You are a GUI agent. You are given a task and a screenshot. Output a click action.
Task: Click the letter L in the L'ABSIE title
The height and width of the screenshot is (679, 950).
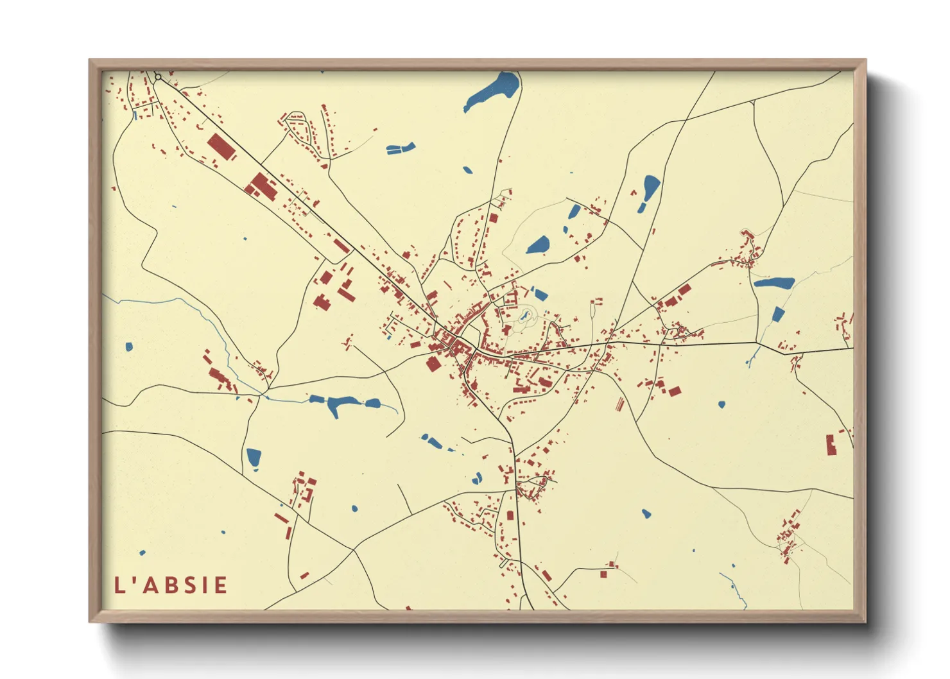[x=120, y=585]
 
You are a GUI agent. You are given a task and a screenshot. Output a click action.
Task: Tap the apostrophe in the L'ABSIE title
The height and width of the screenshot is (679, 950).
[x=134, y=580]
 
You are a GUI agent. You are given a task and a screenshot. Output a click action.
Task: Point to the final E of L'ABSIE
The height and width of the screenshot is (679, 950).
[x=221, y=585]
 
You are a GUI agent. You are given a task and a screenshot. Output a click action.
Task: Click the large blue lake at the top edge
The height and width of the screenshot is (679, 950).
[x=493, y=92]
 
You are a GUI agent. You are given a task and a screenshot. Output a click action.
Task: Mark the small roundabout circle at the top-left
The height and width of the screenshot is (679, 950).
[x=158, y=77]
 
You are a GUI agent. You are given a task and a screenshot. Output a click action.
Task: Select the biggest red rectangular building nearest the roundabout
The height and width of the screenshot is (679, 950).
[x=220, y=146]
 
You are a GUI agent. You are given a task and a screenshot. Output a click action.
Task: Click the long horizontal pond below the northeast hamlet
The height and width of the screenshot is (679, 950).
[x=773, y=282]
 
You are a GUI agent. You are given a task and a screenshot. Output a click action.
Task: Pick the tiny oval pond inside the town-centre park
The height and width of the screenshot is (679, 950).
[x=525, y=315]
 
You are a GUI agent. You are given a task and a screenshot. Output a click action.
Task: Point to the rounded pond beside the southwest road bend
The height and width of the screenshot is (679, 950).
[x=254, y=458]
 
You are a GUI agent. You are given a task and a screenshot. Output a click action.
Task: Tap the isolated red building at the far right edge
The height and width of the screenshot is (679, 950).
[x=831, y=444]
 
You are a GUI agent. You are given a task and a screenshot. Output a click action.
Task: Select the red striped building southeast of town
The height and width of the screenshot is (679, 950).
[x=619, y=404]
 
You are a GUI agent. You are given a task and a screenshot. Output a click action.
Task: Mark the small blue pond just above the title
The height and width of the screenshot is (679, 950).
[x=142, y=553]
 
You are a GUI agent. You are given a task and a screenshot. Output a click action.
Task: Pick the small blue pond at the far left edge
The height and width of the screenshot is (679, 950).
[x=129, y=347]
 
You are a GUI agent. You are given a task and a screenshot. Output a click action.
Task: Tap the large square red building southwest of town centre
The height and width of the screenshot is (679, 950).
[x=433, y=364]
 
